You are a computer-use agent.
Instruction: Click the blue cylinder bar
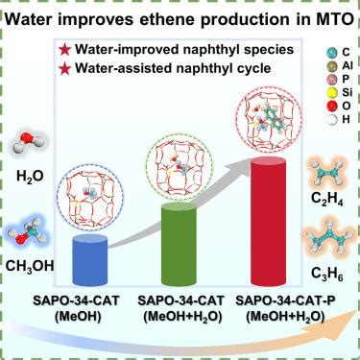[x=90, y=259]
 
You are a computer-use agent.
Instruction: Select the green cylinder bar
[x=179, y=244]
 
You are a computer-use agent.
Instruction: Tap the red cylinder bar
[x=268, y=220]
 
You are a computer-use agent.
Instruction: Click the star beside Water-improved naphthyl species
[x=65, y=50]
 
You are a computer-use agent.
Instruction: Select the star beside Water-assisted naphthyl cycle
[x=65, y=68]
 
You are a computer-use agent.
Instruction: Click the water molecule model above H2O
[x=30, y=144]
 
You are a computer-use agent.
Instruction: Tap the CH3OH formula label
[x=30, y=267]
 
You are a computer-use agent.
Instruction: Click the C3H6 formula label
[x=327, y=275]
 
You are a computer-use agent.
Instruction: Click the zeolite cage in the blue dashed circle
[x=89, y=198]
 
